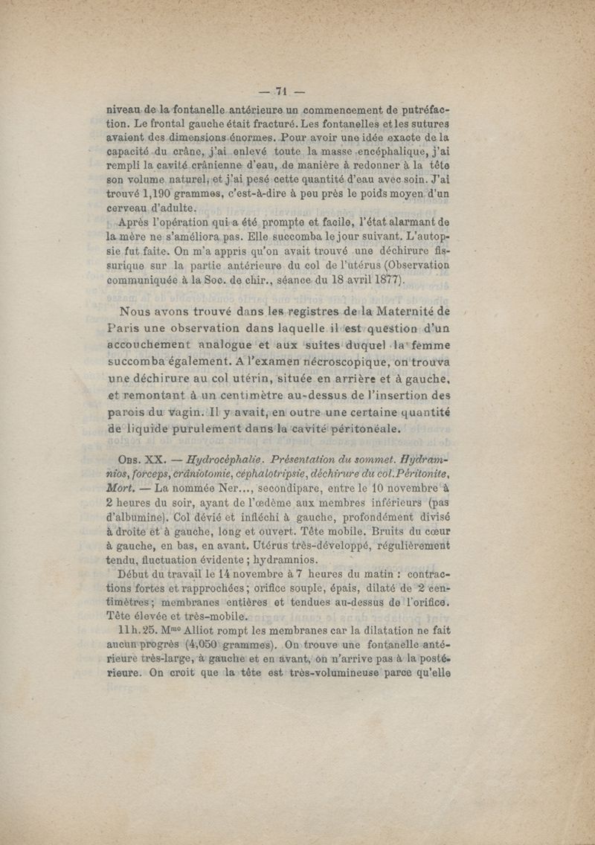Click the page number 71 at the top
280,91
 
